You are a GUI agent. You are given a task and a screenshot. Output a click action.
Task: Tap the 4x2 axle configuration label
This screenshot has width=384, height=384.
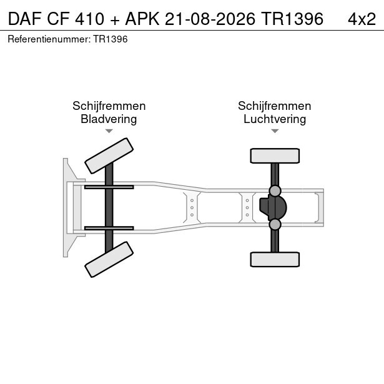[x=362, y=19]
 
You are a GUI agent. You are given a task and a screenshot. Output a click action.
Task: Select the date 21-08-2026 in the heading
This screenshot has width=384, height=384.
[x=210, y=19]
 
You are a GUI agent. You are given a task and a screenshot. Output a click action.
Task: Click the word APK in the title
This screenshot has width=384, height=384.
[x=142, y=19]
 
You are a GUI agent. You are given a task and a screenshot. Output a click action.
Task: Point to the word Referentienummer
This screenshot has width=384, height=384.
[x=49, y=39]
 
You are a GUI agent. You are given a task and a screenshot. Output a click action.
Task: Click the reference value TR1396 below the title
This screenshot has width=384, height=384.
[x=111, y=39]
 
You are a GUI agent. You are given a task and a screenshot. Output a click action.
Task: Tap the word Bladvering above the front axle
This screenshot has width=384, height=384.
[x=109, y=119]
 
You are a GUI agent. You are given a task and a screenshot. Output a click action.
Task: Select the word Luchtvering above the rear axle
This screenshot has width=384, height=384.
[x=275, y=119]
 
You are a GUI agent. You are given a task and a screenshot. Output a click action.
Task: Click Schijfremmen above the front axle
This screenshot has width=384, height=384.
[x=109, y=106]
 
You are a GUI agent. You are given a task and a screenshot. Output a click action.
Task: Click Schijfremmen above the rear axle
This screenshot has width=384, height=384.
[x=275, y=106]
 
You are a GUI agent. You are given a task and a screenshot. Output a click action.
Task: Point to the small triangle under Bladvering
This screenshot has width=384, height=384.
[x=109, y=131]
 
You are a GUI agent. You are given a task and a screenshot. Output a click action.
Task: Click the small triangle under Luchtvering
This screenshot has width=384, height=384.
[x=275, y=131]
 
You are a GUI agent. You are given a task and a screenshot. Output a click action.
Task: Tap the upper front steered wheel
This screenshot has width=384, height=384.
[x=109, y=155]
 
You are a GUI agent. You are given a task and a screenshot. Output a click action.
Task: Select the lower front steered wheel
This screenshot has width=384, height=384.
[x=109, y=260]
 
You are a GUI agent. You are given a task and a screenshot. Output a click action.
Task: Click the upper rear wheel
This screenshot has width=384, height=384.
[x=275, y=155]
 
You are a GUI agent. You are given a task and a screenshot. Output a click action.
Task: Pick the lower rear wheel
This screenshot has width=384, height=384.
[x=275, y=259]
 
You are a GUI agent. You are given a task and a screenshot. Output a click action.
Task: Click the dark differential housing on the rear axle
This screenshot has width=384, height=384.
[x=273, y=208]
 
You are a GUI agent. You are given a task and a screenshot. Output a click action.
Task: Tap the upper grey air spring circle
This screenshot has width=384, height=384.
[x=275, y=191]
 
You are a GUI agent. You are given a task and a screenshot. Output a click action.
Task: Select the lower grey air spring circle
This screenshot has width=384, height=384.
[x=275, y=225]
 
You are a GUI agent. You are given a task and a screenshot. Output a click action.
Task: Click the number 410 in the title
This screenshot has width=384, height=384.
[x=90, y=19]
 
